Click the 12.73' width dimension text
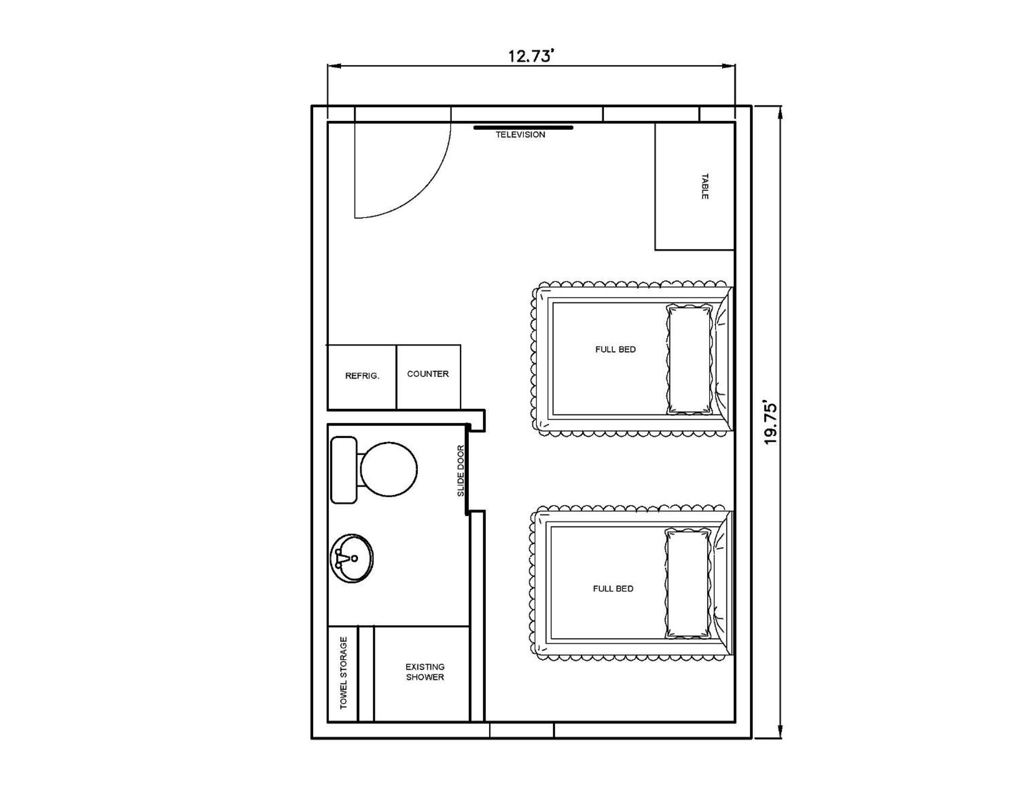click(531, 56)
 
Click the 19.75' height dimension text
click(770, 422)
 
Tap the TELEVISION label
click(520, 135)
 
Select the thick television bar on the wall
click(523, 127)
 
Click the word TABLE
click(704, 187)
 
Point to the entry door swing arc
click(423, 191)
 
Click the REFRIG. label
click(362, 376)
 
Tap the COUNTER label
click(428, 374)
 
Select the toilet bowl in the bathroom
click(389, 469)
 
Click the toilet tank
click(344, 470)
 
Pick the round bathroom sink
click(352, 559)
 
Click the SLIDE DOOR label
click(460, 470)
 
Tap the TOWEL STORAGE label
click(343, 673)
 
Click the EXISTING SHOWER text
click(425, 672)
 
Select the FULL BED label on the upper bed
click(616, 349)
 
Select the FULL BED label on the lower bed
click(613, 589)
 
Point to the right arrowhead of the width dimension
click(729, 66)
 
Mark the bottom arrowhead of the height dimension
click(780, 731)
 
